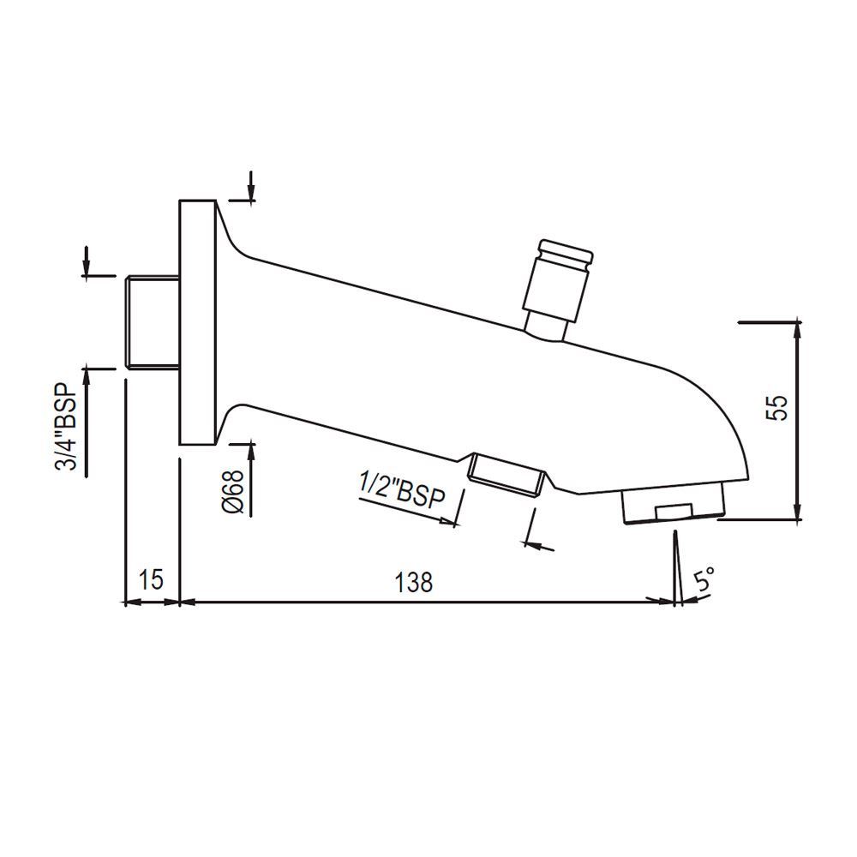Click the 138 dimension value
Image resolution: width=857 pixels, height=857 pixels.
point(415,582)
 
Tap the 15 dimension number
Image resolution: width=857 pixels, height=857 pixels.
point(150,580)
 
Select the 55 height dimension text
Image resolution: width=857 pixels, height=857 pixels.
point(776,407)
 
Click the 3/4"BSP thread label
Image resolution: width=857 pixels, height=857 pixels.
point(67,426)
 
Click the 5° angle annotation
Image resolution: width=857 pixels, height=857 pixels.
point(705,583)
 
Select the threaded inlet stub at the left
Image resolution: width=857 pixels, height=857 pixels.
point(152,322)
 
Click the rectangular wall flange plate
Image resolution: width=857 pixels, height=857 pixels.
point(197,322)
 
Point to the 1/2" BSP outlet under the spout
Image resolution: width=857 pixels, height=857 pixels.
point(507,472)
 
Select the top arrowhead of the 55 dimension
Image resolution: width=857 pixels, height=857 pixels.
point(799,330)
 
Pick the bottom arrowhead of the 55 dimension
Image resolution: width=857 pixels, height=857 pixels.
point(799,512)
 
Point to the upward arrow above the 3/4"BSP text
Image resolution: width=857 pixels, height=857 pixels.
point(87,378)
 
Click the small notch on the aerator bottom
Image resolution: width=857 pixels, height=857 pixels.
point(672,512)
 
